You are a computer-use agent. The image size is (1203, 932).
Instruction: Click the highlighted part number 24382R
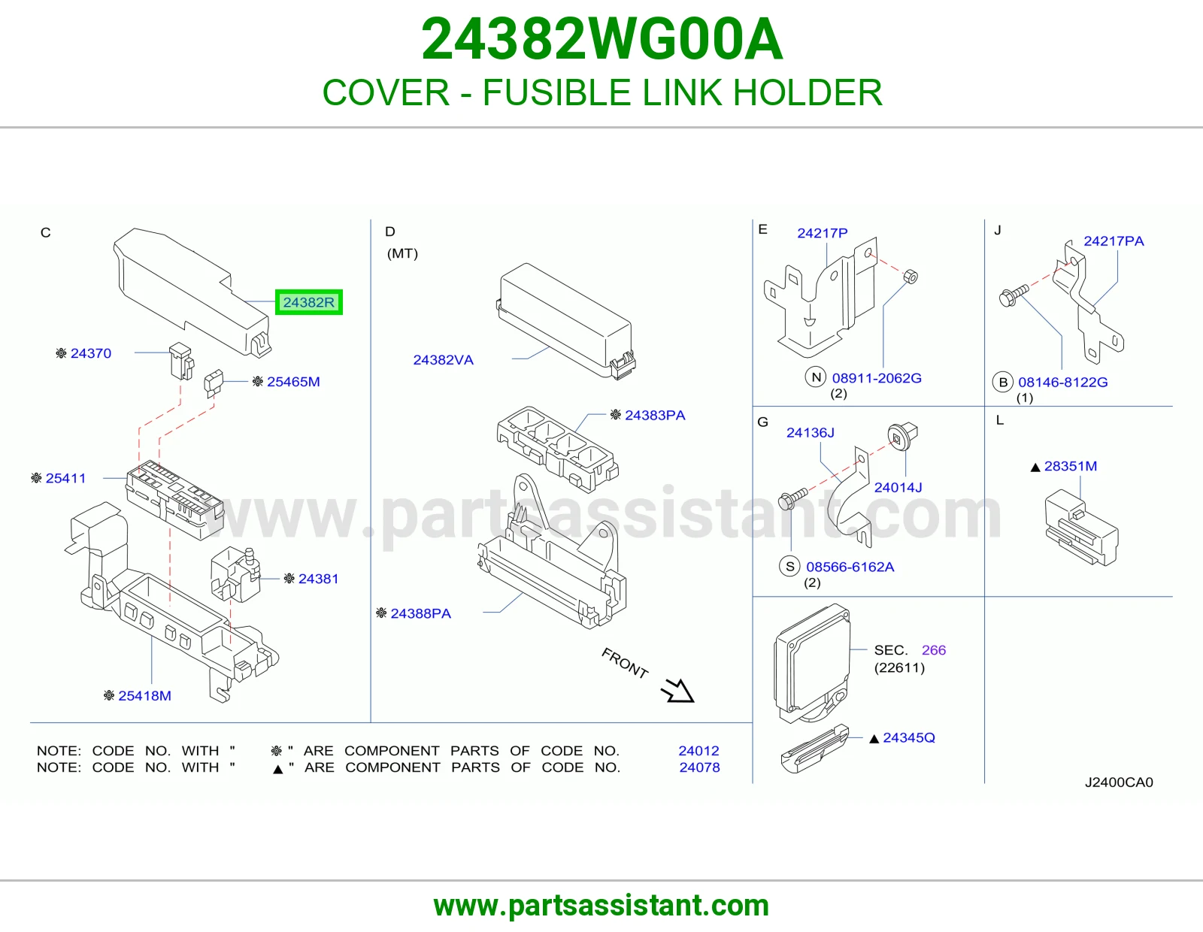[309, 302]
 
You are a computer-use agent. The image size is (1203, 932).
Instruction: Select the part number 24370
[91, 353]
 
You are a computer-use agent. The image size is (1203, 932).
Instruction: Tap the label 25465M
[293, 381]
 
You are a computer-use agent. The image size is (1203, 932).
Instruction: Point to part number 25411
[66, 477]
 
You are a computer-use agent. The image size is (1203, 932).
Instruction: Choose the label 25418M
[144, 695]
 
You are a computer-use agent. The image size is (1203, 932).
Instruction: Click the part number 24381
[318, 578]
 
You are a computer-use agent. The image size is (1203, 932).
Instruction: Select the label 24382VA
[444, 360]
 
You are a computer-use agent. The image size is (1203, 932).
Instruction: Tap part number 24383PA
[655, 415]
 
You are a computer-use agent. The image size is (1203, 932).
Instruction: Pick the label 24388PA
[421, 613]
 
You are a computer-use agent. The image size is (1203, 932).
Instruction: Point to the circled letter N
[816, 377]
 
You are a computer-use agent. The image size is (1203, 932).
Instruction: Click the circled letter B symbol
[1002, 382]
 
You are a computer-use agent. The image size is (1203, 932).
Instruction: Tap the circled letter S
[789, 566]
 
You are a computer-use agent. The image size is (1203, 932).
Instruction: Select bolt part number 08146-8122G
[1063, 382]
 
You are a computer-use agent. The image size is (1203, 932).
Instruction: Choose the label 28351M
[1071, 466]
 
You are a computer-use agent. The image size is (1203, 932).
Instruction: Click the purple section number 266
[934, 649]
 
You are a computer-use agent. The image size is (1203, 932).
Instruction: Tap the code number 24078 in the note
[700, 767]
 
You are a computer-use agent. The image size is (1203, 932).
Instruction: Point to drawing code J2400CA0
[1119, 782]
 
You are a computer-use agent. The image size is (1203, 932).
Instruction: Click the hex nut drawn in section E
[910, 276]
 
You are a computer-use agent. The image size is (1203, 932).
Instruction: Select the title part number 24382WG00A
[601, 39]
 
